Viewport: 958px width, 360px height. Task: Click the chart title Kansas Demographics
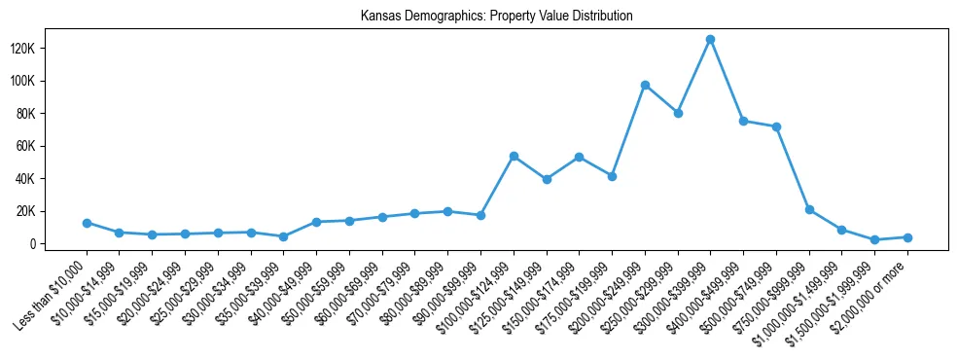(x=496, y=16)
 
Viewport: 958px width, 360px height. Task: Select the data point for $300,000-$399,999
(x=710, y=39)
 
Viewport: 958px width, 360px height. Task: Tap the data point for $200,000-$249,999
(x=645, y=85)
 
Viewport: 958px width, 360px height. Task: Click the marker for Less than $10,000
(x=87, y=223)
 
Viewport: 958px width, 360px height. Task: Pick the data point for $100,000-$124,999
(x=514, y=156)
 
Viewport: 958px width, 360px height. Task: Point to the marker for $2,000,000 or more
(x=907, y=237)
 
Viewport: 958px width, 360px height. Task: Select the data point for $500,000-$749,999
(x=776, y=126)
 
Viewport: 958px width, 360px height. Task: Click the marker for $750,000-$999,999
(x=809, y=209)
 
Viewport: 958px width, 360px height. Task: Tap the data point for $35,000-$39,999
(x=283, y=236)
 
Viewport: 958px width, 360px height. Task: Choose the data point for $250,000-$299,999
(x=678, y=113)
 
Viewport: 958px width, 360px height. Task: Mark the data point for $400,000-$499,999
(x=743, y=121)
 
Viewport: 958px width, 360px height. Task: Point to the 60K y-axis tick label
(x=50, y=146)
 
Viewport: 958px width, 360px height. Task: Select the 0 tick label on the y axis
(x=58, y=244)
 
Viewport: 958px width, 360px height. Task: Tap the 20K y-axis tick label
(x=50, y=211)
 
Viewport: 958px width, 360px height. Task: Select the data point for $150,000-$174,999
(x=579, y=157)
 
